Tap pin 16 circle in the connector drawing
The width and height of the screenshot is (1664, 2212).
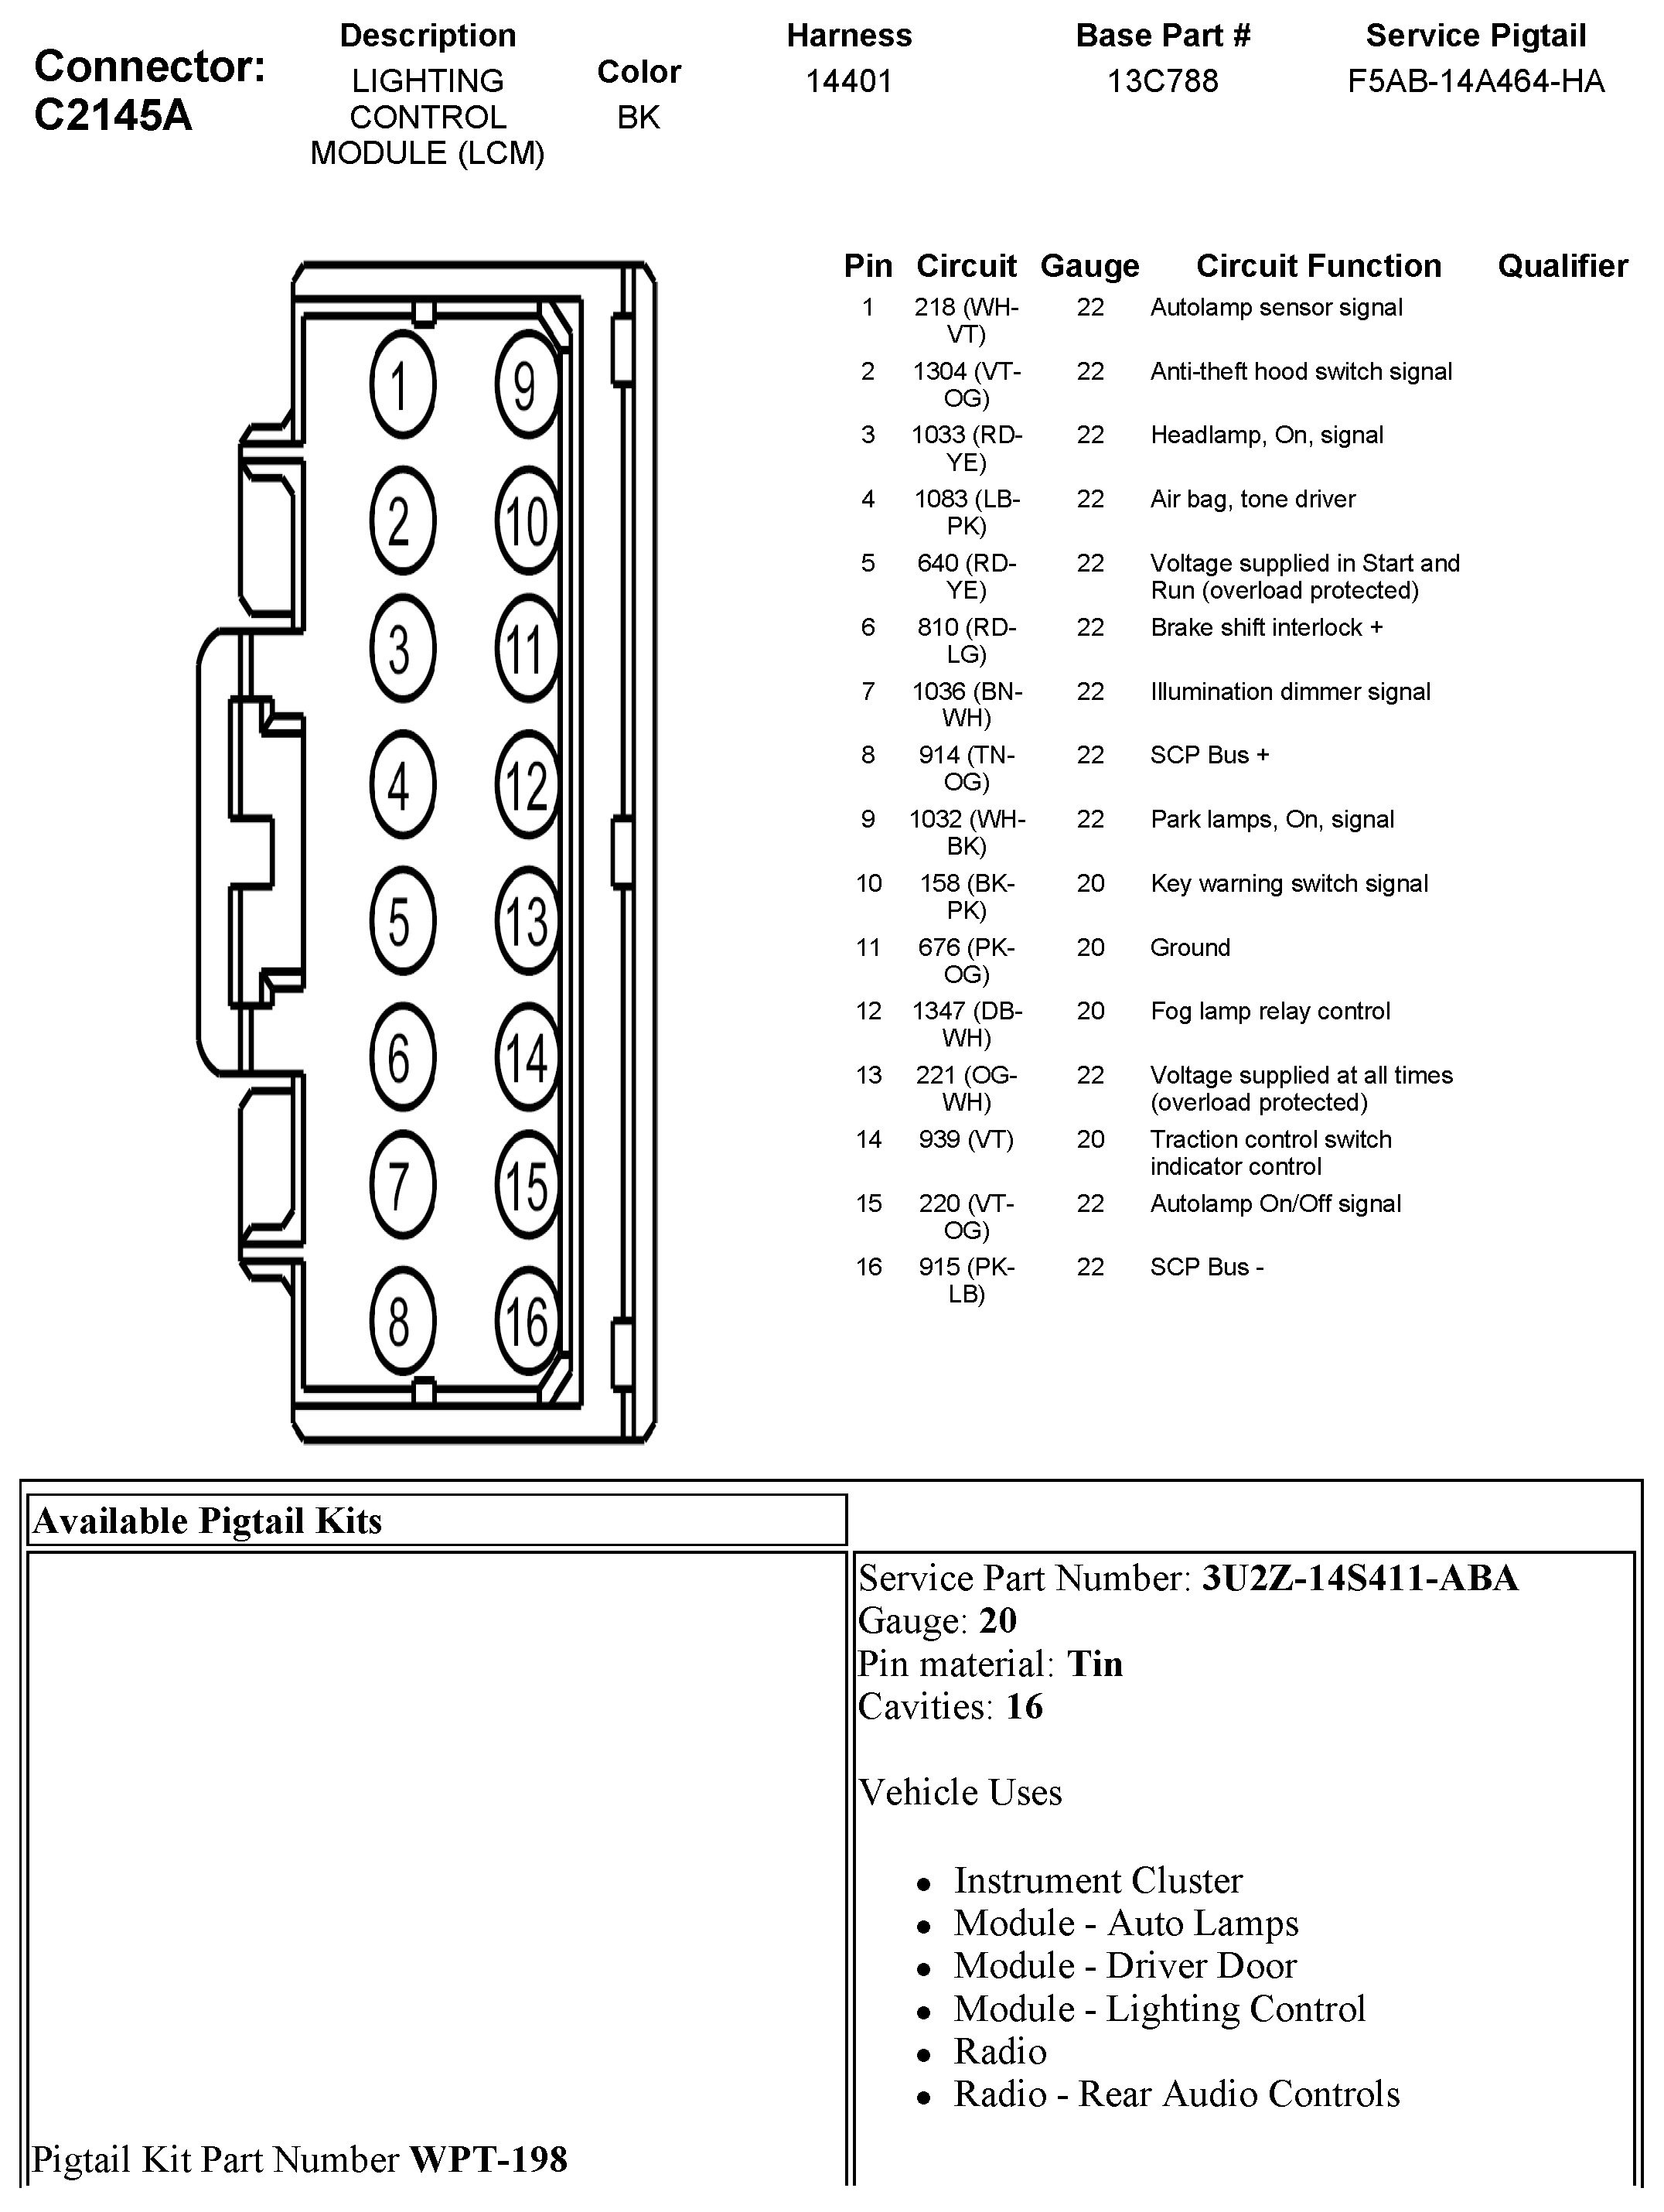(x=526, y=1321)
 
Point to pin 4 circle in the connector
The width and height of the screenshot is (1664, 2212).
(x=402, y=785)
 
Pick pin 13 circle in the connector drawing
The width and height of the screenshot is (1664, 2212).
(x=526, y=921)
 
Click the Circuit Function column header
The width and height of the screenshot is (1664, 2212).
(x=1318, y=266)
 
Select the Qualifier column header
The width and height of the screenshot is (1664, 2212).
(x=1562, y=266)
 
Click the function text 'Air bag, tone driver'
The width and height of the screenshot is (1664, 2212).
(x=1252, y=499)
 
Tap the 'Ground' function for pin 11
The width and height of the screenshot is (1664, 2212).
(x=1189, y=947)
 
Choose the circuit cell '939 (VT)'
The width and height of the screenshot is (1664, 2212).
(x=966, y=1139)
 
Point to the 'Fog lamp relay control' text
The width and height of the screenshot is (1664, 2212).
(x=1269, y=1011)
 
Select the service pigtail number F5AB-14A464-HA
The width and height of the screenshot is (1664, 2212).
(x=1475, y=81)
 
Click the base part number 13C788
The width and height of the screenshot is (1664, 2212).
(x=1162, y=81)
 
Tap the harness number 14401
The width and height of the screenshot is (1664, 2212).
(x=849, y=81)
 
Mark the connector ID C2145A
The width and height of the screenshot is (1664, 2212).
(x=113, y=116)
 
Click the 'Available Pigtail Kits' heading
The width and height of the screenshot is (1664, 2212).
(x=208, y=1521)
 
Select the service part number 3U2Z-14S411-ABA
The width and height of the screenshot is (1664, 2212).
(x=1359, y=1578)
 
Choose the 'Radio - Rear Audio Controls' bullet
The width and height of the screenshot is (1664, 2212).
(x=1176, y=2094)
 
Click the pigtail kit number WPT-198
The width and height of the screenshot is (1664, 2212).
(x=488, y=2159)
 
